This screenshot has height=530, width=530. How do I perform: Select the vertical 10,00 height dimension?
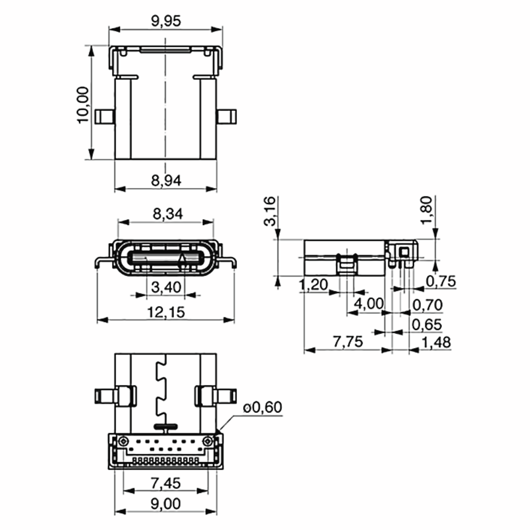coord(83,105)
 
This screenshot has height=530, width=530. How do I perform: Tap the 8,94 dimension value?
coord(166,180)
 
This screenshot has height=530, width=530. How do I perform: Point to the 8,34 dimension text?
coord(168,214)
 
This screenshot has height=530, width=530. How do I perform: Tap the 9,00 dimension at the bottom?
coord(166,504)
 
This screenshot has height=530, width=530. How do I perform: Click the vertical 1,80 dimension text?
coord(427,210)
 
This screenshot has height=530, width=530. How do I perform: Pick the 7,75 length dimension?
coord(348,342)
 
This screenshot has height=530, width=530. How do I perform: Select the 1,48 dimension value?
coord(436,342)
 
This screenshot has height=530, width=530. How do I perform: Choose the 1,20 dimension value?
coord(313,284)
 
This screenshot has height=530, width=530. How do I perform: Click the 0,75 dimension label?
coord(441,281)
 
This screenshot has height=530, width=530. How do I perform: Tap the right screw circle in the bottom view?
coord(207,441)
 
